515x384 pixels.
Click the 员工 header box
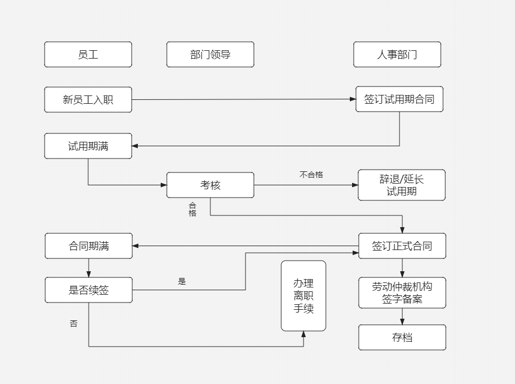tap(88, 55)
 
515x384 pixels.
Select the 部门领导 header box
tap(210, 55)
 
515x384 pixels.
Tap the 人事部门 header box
tap(397, 55)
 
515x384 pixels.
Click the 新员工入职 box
tap(88, 100)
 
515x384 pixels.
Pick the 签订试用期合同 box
tap(400, 99)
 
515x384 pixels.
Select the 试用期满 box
tap(88, 146)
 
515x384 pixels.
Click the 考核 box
tap(210, 185)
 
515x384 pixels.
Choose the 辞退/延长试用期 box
tap(402, 185)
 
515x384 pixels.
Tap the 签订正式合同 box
tap(402, 246)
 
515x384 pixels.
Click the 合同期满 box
tap(89, 246)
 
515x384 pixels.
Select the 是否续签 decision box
tap(89, 290)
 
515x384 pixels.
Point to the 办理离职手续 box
tap(304, 296)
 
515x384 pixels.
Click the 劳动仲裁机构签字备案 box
tap(402, 293)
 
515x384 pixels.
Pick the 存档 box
tap(402, 338)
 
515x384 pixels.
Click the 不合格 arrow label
tap(311, 175)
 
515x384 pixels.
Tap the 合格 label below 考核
tap(192, 209)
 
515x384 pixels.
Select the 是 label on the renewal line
tap(182, 282)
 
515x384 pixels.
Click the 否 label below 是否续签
tap(74, 324)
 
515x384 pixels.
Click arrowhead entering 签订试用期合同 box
tap(353, 99)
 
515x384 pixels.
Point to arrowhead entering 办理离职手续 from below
tap(304, 334)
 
